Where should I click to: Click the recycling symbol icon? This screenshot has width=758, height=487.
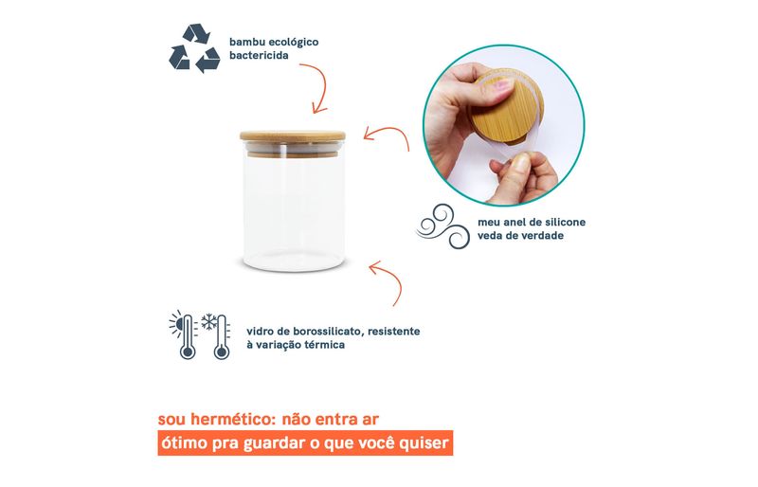(194, 48)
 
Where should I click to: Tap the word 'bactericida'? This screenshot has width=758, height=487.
(259, 56)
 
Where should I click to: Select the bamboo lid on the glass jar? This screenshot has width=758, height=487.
(293, 135)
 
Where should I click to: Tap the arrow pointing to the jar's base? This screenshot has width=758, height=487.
(387, 280)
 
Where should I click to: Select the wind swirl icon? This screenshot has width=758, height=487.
(442, 226)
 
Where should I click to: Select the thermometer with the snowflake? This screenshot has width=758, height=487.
(221, 337)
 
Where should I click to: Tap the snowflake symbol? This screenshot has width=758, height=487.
(208, 321)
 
